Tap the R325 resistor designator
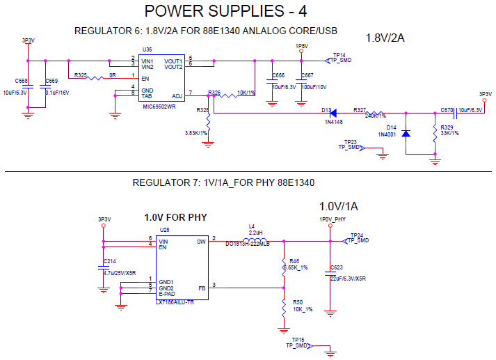[x=81, y=74]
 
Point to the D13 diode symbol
[x=333, y=112]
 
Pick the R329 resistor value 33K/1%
[x=450, y=133]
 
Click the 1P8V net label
[x=301, y=46]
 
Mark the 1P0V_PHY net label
[x=333, y=219]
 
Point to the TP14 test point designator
[x=339, y=54]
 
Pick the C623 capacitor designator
[x=337, y=267]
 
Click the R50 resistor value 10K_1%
[x=303, y=309]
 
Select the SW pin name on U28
[x=201, y=241]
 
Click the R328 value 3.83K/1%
[x=196, y=133]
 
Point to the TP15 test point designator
[x=298, y=339]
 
